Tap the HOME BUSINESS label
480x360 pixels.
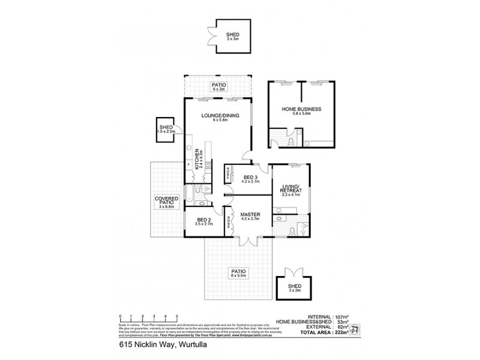point(301,109)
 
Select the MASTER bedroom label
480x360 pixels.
point(249,214)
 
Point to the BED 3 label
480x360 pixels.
point(249,176)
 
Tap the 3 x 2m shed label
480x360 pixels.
point(295,290)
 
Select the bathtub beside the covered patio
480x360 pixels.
point(191,193)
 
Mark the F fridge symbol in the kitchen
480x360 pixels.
point(190,163)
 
